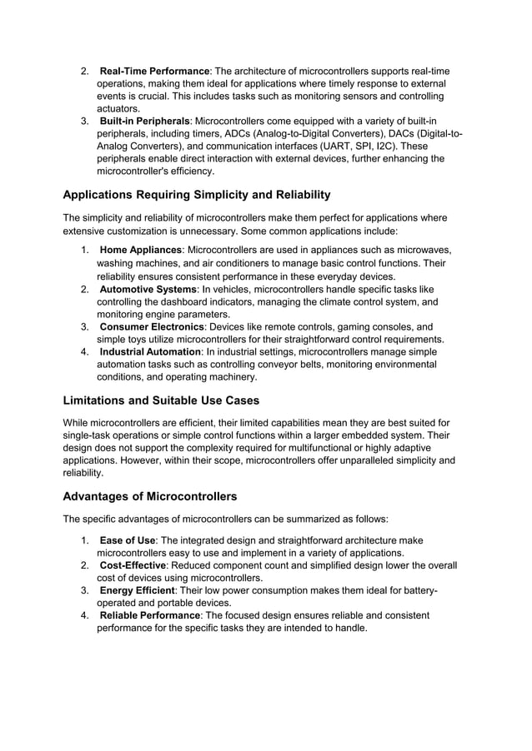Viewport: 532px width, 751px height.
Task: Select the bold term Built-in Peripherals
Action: [145, 122]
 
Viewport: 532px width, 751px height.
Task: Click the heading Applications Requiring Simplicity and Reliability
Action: [197, 195]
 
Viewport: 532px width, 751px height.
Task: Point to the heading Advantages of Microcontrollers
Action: [150, 497]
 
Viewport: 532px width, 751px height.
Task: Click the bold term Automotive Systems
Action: [148, 289]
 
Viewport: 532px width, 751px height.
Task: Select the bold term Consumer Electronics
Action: [151, 327]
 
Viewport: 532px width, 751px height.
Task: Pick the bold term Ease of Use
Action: [127, 540]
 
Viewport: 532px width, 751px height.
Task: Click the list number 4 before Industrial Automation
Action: [85, 351]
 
